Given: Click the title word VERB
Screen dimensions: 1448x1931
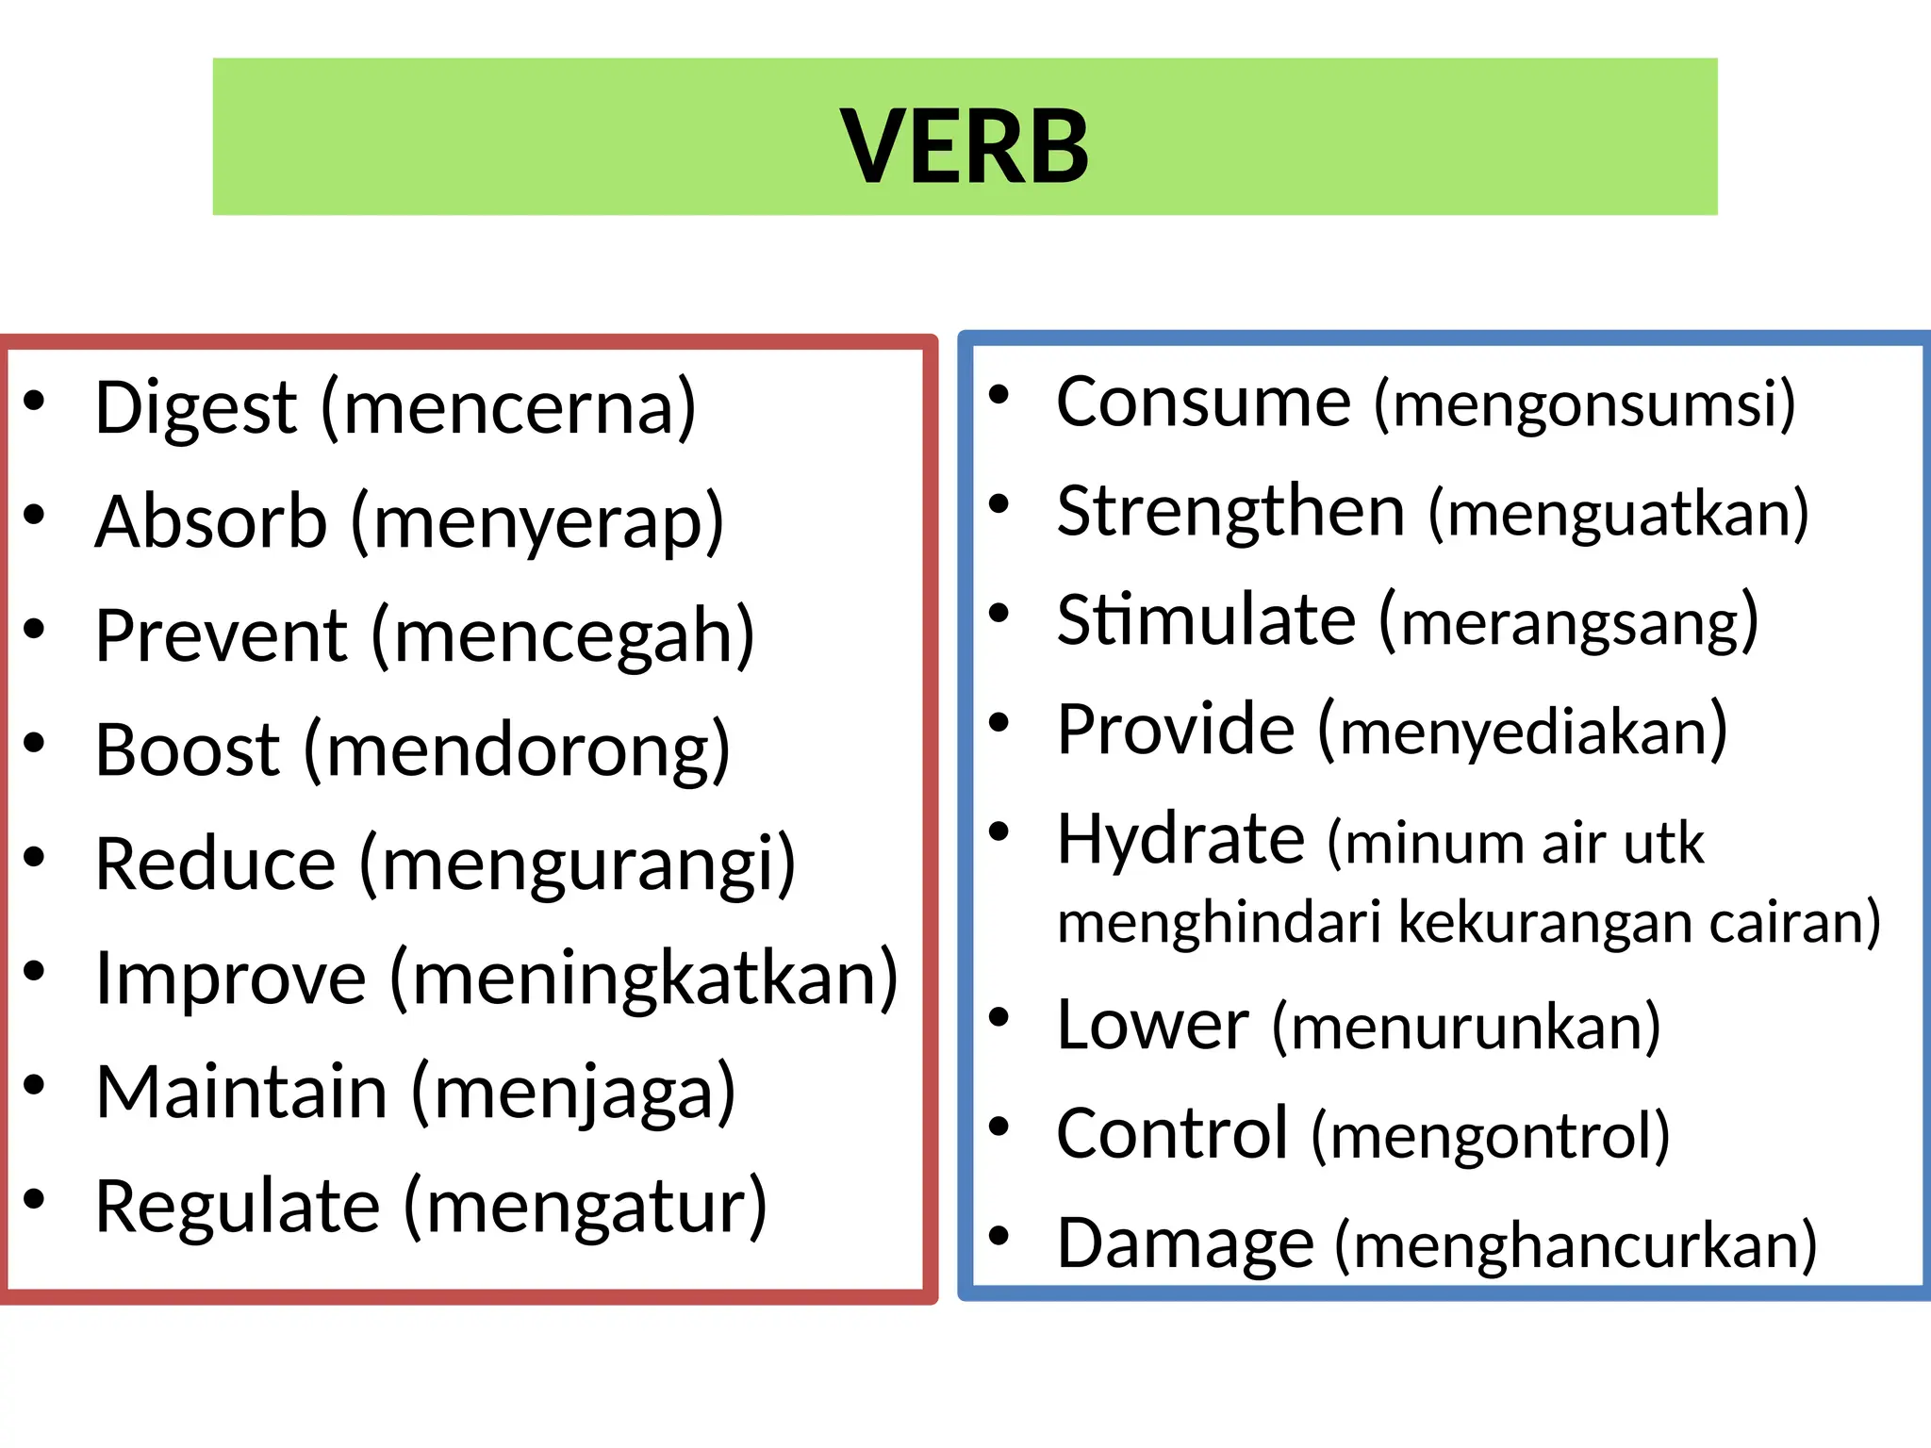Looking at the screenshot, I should pyautogui.click(x=964, y=146).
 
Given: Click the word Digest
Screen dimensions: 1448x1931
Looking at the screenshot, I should pyautogui.click(x=196, y=408).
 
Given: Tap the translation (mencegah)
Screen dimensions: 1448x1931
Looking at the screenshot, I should pyautogui.click(x=563, y=637).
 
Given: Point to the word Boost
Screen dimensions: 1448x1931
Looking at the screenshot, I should pyautogui.click(x=188, y=750).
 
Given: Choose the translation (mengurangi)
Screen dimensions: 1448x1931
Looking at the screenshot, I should pyautogui.click(x=577, y=865).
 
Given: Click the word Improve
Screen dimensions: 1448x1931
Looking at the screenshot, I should pyautogui.click(x=231, y=979).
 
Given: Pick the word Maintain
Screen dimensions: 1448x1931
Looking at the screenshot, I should pyautogui.click(x=241, y=1093).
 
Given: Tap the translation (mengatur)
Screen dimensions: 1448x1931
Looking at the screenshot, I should pyautogui.click(x=585, y=1208).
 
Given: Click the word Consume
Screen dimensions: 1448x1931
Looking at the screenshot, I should pyautogui.click(x=1203, y=403).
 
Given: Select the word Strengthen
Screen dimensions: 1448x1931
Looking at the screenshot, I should pyautogui.click(x=1230, y=512).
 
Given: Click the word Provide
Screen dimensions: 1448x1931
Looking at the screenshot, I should pyautogui.click(x=1176, y=730).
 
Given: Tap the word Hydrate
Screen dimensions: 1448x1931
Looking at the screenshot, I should pyautogui.click(x=1180, y=839).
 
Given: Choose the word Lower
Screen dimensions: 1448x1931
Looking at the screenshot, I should pyautogui.click(x=1152, y=1025).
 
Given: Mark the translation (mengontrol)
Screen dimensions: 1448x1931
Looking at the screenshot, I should pyautogui.click(x=1491, y=1136).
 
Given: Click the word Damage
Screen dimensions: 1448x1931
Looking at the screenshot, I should pyautogui.click(x=1185, y=1244).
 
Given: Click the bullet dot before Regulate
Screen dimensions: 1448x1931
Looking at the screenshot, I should pyautogui.click(x=35, y=1199).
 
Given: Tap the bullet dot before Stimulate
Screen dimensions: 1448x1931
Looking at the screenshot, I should pyautogui.click(x=999, y=614).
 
